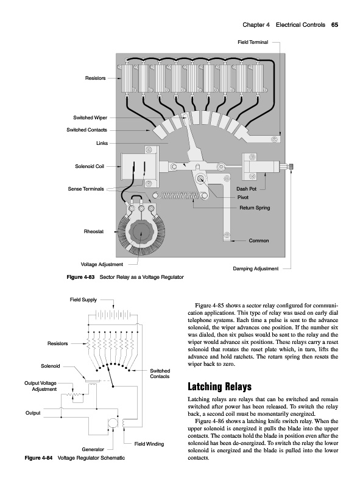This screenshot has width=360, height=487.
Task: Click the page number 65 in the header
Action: tap(334, 25)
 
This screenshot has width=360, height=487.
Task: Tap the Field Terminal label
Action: tap(253, 42)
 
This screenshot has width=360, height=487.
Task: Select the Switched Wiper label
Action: tap(90, 117)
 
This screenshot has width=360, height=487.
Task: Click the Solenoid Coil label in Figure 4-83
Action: tap(90, 166)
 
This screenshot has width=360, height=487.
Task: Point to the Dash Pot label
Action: tap(247, 189)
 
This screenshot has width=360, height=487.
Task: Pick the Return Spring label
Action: tap(255, 208)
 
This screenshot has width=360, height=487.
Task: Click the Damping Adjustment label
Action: tap(256, 268)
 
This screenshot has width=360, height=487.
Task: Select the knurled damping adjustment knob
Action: tap(291, 167)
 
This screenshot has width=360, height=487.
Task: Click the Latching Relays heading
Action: tap(220, 387)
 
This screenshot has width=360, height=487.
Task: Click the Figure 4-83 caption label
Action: tap(80, 277)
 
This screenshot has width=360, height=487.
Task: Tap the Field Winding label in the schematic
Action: tap(149, 444)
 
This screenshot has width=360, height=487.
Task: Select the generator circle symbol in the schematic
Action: tap(112, 424)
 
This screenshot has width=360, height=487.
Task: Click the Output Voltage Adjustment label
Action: tap(41, 386)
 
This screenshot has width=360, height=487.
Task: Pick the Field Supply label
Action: tap(83, 300)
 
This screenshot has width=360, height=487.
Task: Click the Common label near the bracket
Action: tap(259, 240)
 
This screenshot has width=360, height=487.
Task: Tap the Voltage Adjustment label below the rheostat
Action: tap(102, 265)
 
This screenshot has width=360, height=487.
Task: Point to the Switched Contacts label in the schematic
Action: tap(160, 374)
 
